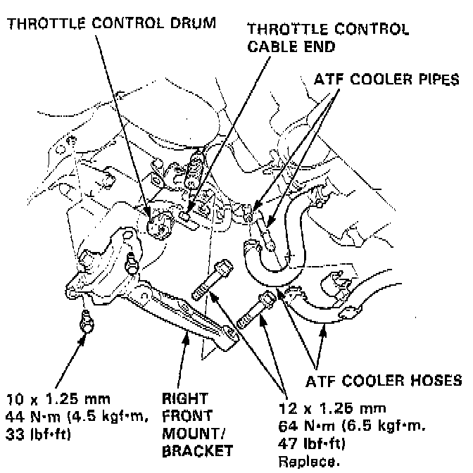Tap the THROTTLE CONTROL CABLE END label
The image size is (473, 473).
click(327, 37)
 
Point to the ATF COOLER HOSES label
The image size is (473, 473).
click(383, 380)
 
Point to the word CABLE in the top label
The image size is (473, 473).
click(271, 46)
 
